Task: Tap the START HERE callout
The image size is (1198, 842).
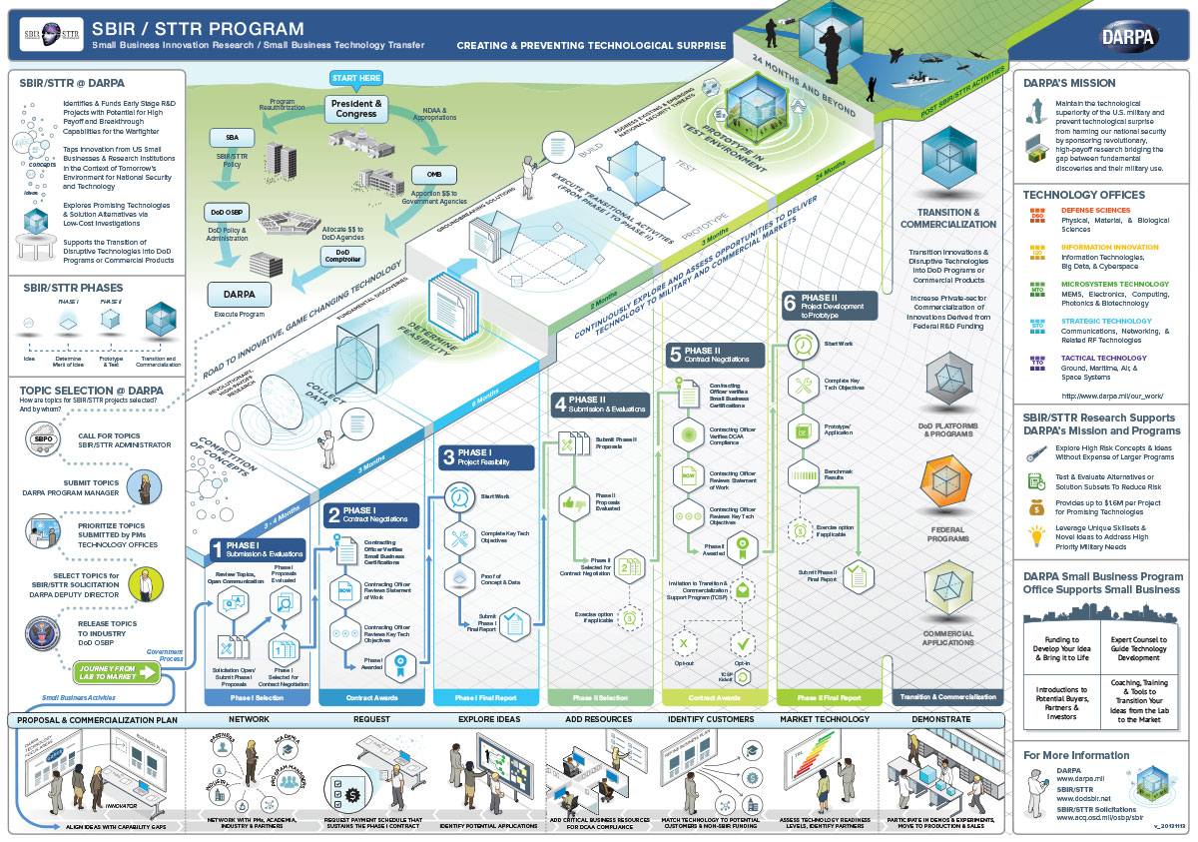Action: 356,79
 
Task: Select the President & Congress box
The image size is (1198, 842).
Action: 356,108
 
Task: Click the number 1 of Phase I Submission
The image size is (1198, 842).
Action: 217,548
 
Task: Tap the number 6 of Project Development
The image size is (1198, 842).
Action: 789,303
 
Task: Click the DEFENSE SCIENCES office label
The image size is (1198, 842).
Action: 1096,211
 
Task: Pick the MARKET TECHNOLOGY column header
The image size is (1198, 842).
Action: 824,719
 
